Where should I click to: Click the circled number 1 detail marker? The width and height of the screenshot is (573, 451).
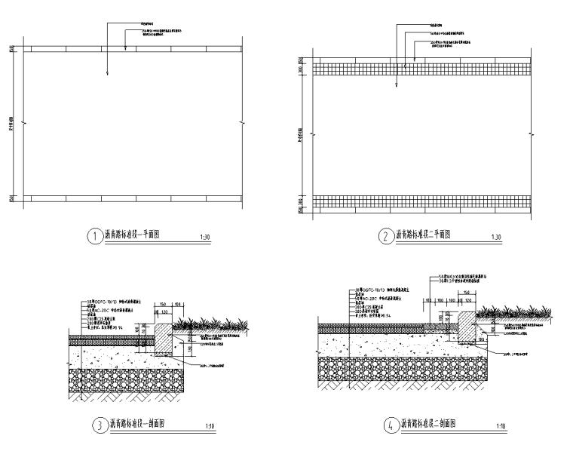tap(94, 236)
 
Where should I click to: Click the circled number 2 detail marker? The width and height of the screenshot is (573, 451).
tap(386, 236)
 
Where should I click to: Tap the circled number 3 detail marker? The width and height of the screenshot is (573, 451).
tap(98, 425)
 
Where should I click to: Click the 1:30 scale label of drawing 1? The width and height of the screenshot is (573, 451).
tap(205, 238)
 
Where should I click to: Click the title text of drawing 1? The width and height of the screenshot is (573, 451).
tap(137, 235)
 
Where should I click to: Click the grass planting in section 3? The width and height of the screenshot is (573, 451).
tap(204, 324)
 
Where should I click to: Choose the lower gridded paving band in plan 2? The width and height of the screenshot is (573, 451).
tap(421, 201)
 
